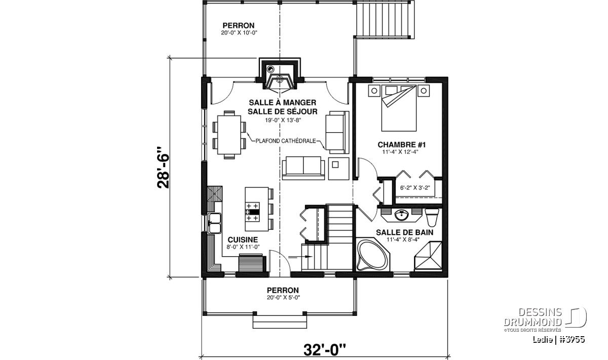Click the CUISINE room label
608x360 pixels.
coord(243,240)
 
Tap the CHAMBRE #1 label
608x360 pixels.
coord(402,145)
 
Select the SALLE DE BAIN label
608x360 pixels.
coord(404,232)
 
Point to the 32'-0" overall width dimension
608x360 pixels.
coord(325,350)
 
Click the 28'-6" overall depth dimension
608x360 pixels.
coord(163,168)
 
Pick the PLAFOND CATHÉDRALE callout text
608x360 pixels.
coord(286,141)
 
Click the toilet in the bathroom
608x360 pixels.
coord(432,217)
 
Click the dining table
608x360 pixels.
coord(230,135)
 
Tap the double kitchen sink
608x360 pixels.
coord(214,223)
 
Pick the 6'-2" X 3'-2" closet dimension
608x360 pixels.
coord(415,187)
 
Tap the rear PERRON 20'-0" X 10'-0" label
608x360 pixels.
coord(239,29)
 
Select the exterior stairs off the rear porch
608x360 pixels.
coord(385,19)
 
